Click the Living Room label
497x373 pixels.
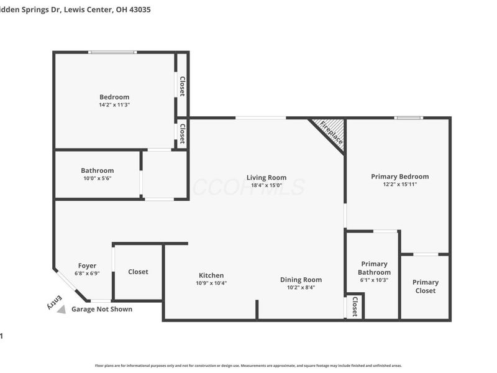266,177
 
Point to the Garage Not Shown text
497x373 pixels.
102,309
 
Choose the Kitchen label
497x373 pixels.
211,275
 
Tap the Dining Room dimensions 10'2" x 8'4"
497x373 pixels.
301,287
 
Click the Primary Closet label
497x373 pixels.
425,287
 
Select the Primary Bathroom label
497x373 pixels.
374,268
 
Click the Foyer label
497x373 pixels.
87,265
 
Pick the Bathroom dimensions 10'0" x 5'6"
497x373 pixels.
98,178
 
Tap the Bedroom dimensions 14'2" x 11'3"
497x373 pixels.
114,105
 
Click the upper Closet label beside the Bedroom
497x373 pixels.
182,86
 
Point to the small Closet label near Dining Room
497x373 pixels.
355,306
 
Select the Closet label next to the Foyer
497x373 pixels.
138,272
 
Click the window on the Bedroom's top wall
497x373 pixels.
113,52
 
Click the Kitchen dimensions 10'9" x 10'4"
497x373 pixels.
211,283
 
